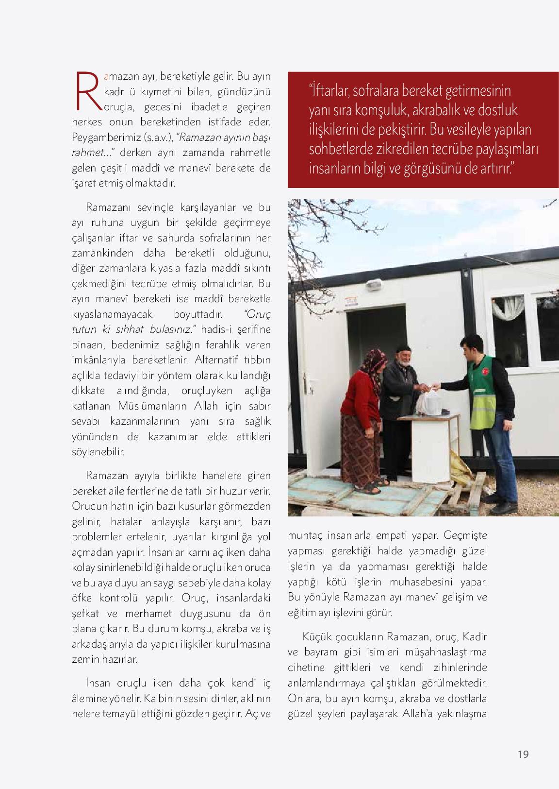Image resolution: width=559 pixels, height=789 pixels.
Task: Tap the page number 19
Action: (x=523, y=755)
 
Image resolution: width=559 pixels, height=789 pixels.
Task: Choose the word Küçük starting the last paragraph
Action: (x=316, y=636)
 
